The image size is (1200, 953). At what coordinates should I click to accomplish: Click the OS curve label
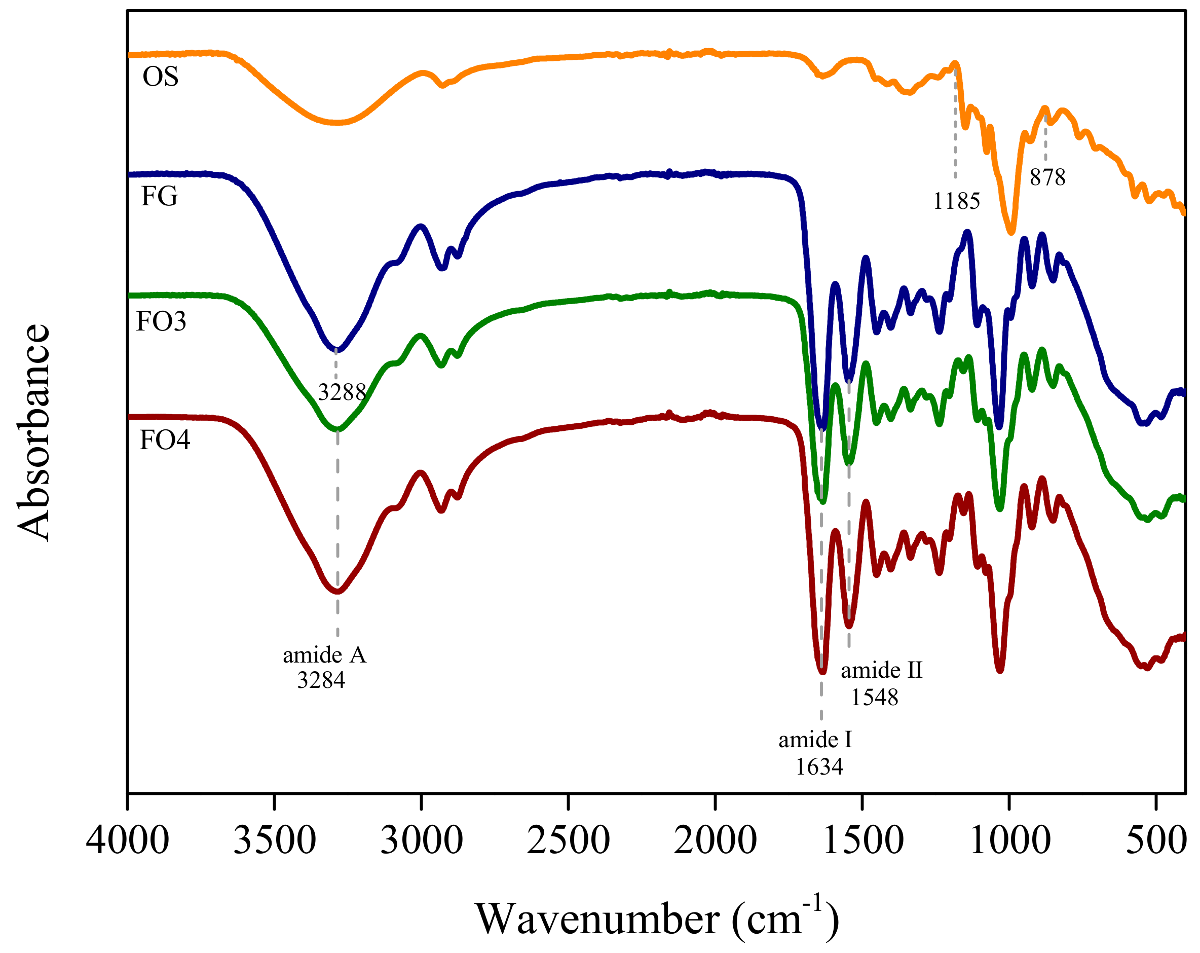[160, 77]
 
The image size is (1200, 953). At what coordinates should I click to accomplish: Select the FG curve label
[159, 196]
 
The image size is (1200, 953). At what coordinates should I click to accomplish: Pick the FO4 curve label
[165, 440]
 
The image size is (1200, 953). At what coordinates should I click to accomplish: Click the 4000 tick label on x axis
[128, 840]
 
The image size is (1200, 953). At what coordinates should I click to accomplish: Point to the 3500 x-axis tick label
[274, 840]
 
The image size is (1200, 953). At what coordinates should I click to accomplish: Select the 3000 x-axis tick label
[421, 840]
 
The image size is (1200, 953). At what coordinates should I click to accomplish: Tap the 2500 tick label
[568, 840]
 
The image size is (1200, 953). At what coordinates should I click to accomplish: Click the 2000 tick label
[715, 840]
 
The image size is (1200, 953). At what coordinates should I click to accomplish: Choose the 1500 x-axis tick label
[862, 840]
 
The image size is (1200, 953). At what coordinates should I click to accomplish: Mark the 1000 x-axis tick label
[1009, 840]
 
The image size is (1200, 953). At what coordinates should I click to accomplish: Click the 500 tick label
[1155, 840]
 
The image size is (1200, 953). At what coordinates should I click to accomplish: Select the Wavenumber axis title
[657, 920]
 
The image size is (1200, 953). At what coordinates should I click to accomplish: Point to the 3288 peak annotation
[342, 392]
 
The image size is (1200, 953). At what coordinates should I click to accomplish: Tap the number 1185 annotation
[956, 201]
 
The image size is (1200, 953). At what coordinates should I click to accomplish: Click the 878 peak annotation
[1047, 177]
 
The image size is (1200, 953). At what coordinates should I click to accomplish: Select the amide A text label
[324, 655]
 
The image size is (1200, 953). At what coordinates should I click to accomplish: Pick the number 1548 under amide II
[874, 697]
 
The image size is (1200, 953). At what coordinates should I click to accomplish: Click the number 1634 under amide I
[819, 767]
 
